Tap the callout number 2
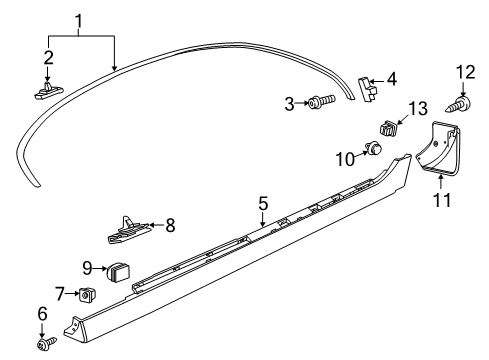point(47,58)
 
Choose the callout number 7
point(59,293)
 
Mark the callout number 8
point(169,225)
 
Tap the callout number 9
point(88,267)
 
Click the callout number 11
point(442,200)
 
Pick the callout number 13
point(417,107)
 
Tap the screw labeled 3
point(319,102)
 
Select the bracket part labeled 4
point(366,88)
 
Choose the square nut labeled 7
point(87,294)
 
